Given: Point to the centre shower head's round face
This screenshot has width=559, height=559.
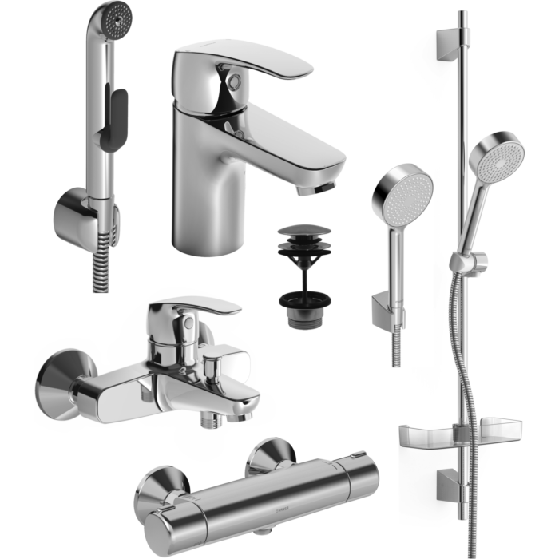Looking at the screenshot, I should point(402,196).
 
